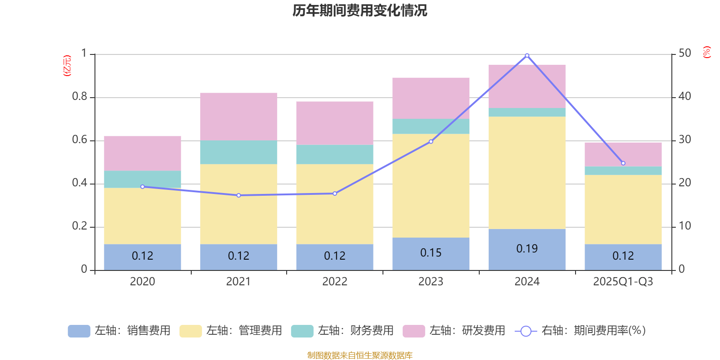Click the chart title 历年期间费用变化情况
(360, 10)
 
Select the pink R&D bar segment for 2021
(238, 117)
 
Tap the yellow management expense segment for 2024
(527, 173)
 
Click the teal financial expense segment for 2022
(335, 154)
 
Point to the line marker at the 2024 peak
(527, 55)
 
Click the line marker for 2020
(143, 187)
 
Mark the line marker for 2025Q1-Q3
(623, 163)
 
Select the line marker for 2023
(431, 142)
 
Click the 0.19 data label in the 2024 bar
(527, 249)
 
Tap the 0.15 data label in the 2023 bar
(431, 253)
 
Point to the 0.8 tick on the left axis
(79, 97)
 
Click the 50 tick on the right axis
(684, 54)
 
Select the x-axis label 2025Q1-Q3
(623, 282)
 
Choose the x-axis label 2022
(335, 282)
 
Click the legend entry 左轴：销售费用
(120, 331)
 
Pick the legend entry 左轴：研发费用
(454, 331)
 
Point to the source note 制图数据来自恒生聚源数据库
(360, 355)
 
